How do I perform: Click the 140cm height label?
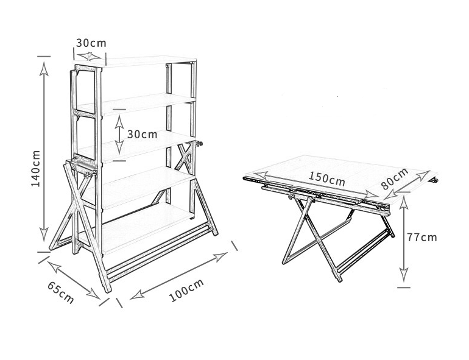point(36,168)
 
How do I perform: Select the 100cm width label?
point(186,290)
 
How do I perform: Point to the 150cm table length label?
point(326,178)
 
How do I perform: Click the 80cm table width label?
point(395,178)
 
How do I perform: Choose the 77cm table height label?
point(421,238)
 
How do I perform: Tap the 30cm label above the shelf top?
point(91,43)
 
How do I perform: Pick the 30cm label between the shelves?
point(143,135)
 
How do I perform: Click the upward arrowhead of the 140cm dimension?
point(44,68)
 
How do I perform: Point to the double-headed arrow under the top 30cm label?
point(90,56)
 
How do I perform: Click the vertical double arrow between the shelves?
point(119,135)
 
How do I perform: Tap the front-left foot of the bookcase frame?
point(107,289)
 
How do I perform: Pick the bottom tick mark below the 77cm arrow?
point(404,288)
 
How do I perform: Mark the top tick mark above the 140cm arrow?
point(44,56)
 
